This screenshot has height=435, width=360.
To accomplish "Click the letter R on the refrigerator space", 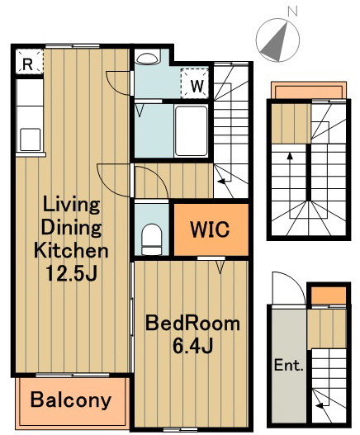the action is [27, 64].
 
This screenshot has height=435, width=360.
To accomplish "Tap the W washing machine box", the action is [195, 84].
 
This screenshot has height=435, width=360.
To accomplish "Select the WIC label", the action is [210, 229].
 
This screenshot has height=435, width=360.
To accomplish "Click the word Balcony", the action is [71, 400].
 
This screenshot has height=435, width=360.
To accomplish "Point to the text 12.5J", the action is [71, 273].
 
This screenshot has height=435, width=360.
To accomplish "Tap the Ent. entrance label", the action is [288, 365].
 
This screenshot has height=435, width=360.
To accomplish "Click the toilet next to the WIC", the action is [152, 239].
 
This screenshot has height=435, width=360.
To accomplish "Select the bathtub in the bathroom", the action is [192, 131].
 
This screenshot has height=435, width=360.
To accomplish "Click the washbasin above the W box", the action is [148, 57].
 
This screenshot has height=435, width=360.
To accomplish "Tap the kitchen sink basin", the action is [31, 139].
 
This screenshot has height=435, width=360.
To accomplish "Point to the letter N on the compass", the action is [292, 11].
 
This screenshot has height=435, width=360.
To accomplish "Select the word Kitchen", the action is [71, 250].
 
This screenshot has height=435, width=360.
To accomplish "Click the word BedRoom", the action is [193, 324].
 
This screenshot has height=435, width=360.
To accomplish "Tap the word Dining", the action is [71, 228].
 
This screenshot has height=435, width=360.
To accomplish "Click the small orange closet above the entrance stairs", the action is [329, 296].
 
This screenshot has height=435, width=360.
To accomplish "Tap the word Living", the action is [72, 206].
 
